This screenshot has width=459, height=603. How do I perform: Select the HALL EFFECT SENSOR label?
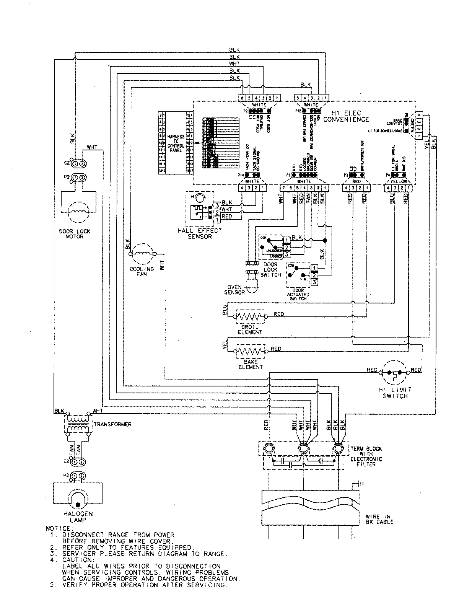point(199,233)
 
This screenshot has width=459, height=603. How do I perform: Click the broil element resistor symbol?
point(250,317)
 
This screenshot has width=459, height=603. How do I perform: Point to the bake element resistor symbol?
point(250,351)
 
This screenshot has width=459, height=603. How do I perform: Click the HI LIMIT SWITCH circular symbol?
point(394,372)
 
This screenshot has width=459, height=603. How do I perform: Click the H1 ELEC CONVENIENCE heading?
point(346,116)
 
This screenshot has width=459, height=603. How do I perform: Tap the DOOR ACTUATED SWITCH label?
point(298,294)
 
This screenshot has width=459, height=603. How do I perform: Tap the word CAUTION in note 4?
point(76,560)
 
